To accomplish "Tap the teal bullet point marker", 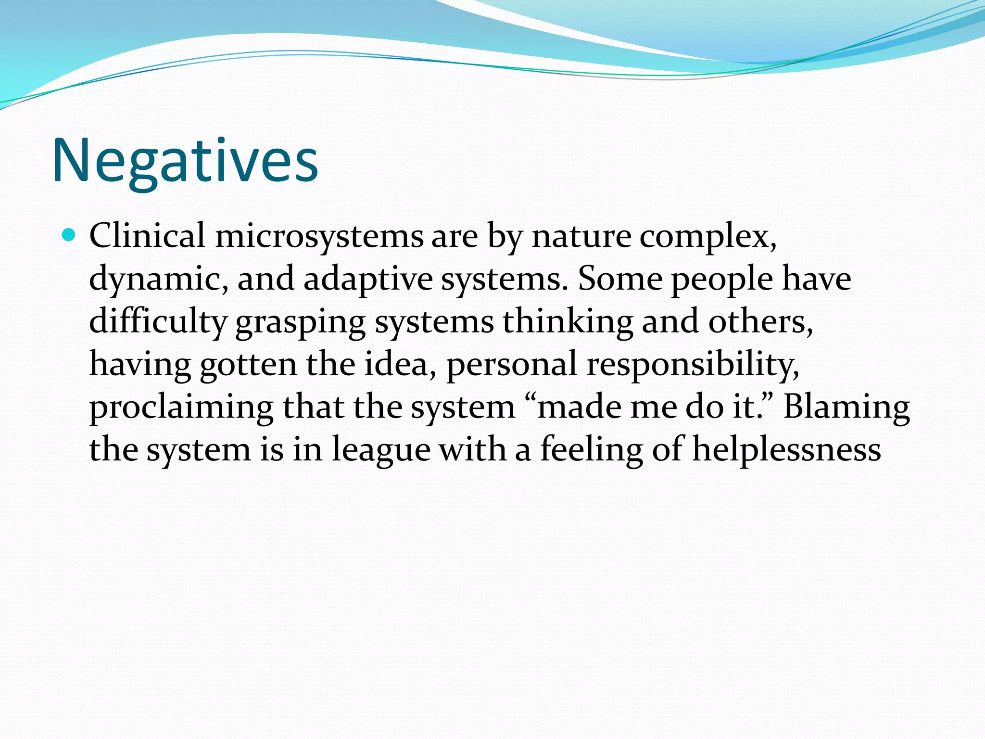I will (69, 235).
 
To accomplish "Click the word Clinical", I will (147, 236).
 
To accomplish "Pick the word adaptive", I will (368, 280).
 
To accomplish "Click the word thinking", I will (568, 321).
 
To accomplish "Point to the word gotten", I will (248, 364).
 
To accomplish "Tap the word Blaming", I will (846, 407).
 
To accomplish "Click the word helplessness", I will (787, 449).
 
